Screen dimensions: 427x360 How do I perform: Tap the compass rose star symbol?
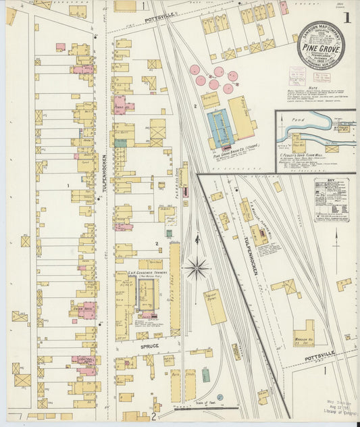click(197, 268)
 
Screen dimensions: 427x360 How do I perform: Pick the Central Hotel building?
click(84, 361)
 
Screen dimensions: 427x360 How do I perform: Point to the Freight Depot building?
click(215, 306)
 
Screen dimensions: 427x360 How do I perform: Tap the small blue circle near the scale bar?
click(220, 397)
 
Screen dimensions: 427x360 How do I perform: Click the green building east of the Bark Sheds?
click(205, 375)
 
